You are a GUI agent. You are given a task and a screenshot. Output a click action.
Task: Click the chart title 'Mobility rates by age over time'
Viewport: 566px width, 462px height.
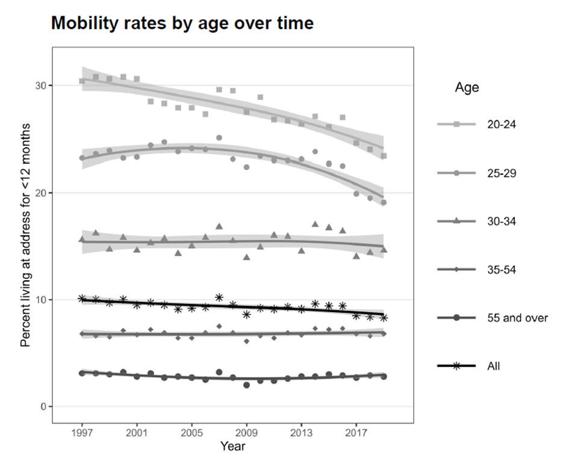182,23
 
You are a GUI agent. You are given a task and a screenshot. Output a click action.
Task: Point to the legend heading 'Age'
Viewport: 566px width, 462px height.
467,88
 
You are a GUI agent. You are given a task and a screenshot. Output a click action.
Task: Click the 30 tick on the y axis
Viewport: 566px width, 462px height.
40,86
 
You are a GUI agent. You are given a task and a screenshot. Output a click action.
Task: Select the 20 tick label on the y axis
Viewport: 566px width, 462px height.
40,193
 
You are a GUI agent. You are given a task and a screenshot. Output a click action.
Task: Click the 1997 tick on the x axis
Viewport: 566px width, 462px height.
82,432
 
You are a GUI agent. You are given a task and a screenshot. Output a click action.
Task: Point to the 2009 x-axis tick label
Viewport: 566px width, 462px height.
246,432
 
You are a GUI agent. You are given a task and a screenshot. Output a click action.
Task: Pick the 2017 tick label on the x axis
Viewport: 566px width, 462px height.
356,432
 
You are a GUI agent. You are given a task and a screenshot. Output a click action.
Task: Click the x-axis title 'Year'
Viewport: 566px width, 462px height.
232,447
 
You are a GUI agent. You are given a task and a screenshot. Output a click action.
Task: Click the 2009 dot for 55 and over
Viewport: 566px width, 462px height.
246,385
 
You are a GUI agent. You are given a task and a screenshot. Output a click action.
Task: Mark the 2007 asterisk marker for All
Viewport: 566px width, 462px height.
219,298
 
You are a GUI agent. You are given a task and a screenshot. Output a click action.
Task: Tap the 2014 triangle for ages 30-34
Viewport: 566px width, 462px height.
315,224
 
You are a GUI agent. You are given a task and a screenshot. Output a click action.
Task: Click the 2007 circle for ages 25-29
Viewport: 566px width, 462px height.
219,138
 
